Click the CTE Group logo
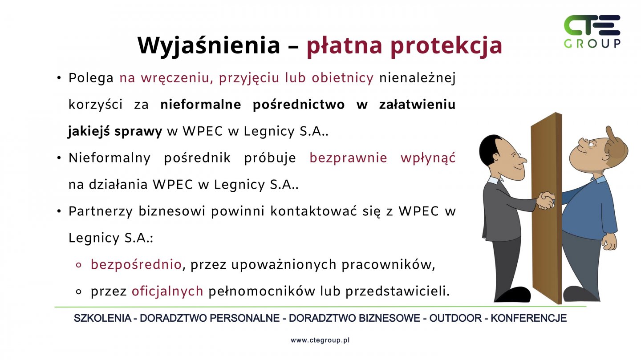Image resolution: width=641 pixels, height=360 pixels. (x=592, y=32)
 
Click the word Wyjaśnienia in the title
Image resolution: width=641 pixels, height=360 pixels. (x=209, y=45)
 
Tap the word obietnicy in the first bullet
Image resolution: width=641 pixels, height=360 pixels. (x=343, y=78)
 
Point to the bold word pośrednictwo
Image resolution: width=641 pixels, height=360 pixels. (x=298, y=105)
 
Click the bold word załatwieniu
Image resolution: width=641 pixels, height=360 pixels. (x=417, y=104)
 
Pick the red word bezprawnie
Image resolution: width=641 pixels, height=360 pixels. (x=348, y=158)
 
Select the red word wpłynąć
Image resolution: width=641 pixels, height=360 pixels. (x=428, y=158)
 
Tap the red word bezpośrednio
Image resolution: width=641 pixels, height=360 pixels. (x=136, y=264)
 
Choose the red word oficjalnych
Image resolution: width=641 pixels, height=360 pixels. (x=167, y=291)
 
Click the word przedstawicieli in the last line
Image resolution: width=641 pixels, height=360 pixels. (x=397, y=291)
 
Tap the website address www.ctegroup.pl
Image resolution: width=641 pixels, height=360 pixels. (x=320, y=340)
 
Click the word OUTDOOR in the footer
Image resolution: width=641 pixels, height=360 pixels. (x=455, y=318)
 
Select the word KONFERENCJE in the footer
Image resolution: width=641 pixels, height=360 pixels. (x=529, y=318)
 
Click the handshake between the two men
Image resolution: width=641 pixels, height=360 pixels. (x=546, y=200)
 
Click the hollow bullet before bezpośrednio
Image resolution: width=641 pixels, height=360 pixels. (x=79, y=265)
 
